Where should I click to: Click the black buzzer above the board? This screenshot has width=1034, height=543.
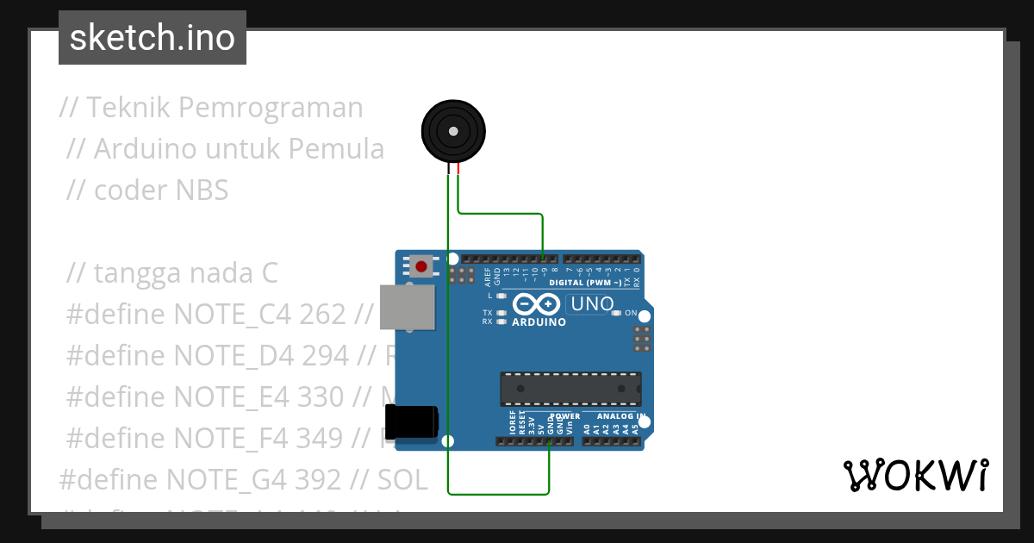(x=453, y=131)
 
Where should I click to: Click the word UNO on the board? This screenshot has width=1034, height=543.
(x=593, y=304)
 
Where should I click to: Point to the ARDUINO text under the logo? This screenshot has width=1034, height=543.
(x=539, y=322)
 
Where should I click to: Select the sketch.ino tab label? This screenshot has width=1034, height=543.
(x=153, y=38)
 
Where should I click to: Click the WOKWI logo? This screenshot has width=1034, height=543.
(x=915, y=475)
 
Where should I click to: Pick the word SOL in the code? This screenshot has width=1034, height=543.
(x=402, y=479)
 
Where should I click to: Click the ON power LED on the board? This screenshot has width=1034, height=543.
(x=616, y=313)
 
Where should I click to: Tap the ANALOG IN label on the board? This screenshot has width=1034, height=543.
(x=615, y=415)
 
